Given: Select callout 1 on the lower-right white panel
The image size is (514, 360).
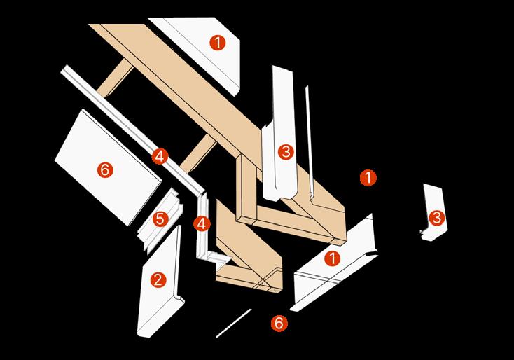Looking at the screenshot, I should (x=332, y=258).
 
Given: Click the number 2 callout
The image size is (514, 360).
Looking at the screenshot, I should (x=158, y=279).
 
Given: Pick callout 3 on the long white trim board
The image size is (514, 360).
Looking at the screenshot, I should (x=285, y=151).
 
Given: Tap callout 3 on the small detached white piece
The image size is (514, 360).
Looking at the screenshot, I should (x=437, y=217).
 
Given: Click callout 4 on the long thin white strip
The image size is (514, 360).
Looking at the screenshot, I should (x=160, y=156).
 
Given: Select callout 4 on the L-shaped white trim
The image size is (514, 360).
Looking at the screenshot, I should (x=202, y=224).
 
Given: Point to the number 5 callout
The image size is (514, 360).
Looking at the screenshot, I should (x=160, y=219).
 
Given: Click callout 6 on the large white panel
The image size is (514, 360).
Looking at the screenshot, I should (x=105, y=169).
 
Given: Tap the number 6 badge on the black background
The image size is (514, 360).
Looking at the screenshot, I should (x=278, y=323).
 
